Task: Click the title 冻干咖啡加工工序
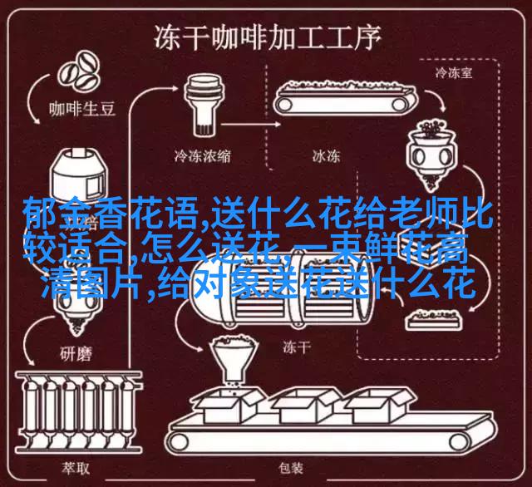[268, 37]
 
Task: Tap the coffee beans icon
[79, 73]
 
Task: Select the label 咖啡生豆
[82, 109]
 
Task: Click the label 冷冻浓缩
[203, 156]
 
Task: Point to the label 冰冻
[326, 156]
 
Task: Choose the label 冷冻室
[454, 73]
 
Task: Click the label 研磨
[76, 354]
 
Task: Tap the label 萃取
[76, 468]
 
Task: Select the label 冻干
[297, 347]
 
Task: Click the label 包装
[291, 468]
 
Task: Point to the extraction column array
[79, 411]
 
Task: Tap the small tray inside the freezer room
[434, 319]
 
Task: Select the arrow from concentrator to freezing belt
[250, 125]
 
